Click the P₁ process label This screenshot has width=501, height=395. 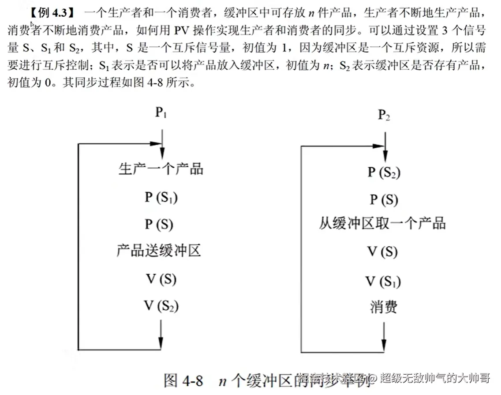click(161, 113)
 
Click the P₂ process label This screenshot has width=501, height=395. click(385, 116)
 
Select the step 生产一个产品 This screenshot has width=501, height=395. click(161, 169)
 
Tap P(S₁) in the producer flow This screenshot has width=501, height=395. click(161, 197)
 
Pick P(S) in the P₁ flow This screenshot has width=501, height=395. click(159, 224)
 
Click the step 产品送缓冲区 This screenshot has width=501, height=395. click(159, 251)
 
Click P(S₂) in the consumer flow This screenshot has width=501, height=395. click(384, 172)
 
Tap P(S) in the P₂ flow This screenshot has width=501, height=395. click(383, 200)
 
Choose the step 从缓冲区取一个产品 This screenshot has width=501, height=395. click(382, 223)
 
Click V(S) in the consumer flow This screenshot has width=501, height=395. click(382, 252)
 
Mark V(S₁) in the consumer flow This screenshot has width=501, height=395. click(383, 281)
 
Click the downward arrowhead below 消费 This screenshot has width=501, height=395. click(385, 344)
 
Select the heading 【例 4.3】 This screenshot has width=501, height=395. click(49, 12)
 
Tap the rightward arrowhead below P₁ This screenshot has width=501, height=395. click(155, 143)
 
